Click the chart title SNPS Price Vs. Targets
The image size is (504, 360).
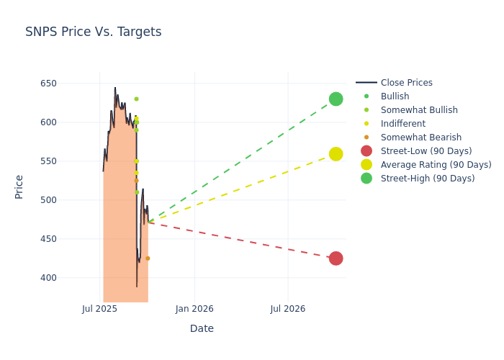coord(93,32)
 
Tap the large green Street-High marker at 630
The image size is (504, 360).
coord(336,99)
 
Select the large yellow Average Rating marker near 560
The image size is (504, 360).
coord(336,154)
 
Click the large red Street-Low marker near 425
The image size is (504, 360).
coord(336,258)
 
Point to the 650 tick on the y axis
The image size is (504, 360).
coord(48,84)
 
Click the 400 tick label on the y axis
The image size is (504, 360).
coord(48,278)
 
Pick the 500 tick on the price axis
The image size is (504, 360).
coord(48,200)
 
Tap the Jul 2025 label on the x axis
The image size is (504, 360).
coord(99,309)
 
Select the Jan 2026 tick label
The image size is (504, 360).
coord(194,309)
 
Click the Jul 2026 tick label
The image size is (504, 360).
coord(288,309)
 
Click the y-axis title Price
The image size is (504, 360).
coord(19,186)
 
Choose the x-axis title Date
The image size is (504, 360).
coord(202,328)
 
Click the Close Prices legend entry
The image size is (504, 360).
coord(406,83)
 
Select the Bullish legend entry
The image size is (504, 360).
coord(395,96)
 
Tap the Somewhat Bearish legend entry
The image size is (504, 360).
coord(420,138)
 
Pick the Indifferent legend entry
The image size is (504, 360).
coord(402,124)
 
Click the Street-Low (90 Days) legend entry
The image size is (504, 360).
coord(426,151)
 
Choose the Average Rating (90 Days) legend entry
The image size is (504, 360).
coord(436,165)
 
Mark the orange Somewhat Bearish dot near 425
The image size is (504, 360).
coord(148,258)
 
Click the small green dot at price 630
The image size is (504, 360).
coord(136,99)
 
